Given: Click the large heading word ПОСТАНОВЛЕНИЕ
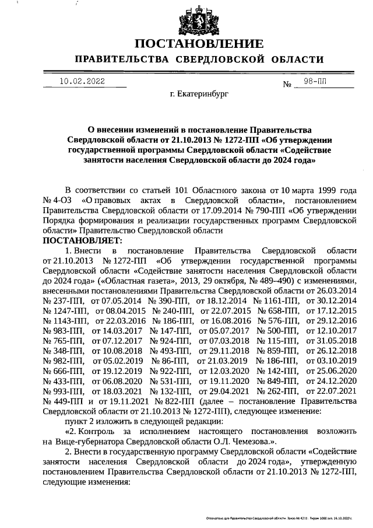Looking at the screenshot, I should coord(199,44).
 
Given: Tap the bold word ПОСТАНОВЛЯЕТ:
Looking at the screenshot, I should coord(81,240).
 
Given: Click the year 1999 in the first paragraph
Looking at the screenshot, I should coord(321,190).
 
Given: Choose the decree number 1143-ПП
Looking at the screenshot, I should coord(64,319).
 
